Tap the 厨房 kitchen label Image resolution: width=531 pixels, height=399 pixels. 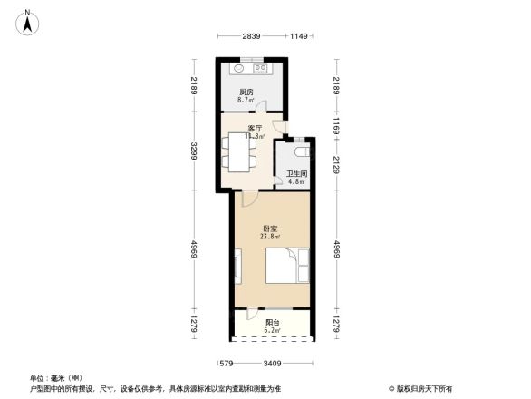click(246, 92)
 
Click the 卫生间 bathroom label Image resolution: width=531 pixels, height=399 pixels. click(296, 173)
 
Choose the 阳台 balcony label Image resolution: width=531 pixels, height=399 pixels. click(272, 323)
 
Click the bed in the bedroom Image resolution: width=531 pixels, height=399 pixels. click(287, 268)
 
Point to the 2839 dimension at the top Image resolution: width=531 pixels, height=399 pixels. click(251, 36)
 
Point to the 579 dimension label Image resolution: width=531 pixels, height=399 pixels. click(227, 365)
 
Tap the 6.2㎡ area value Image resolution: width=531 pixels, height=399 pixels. click(272, 331)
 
